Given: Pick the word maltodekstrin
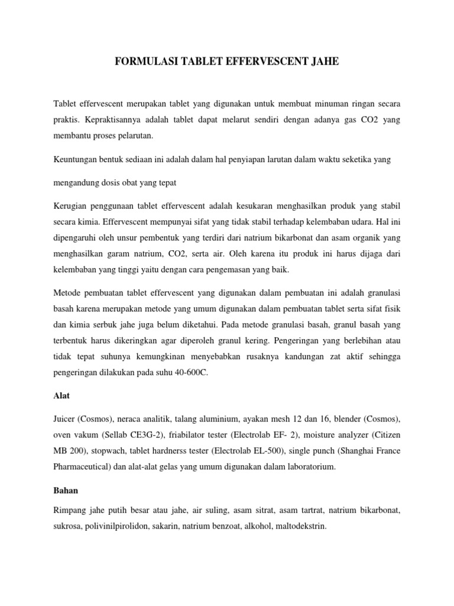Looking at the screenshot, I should [300, 524].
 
